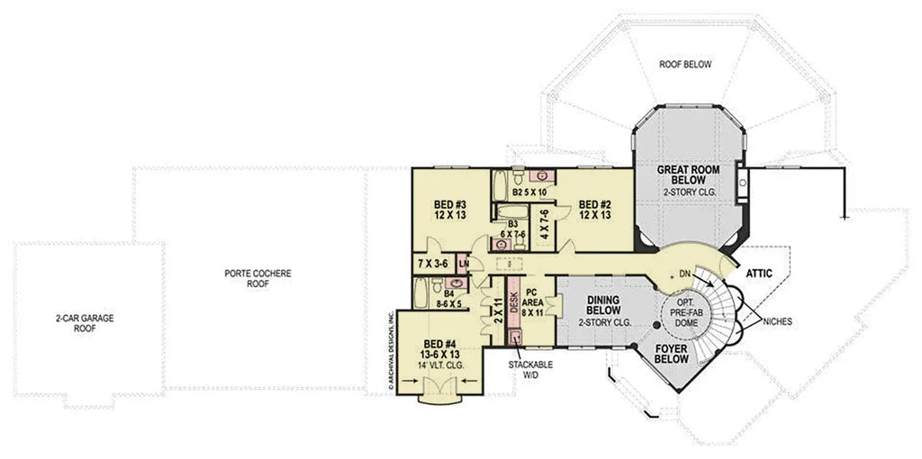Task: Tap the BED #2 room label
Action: coord(594,209)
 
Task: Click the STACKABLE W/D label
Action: coord(530,370)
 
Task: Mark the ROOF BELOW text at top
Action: coord(685,65)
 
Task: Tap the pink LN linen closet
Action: coord(464,264)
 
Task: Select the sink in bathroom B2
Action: coord(543,175)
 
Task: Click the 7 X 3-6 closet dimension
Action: coord(434,264)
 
